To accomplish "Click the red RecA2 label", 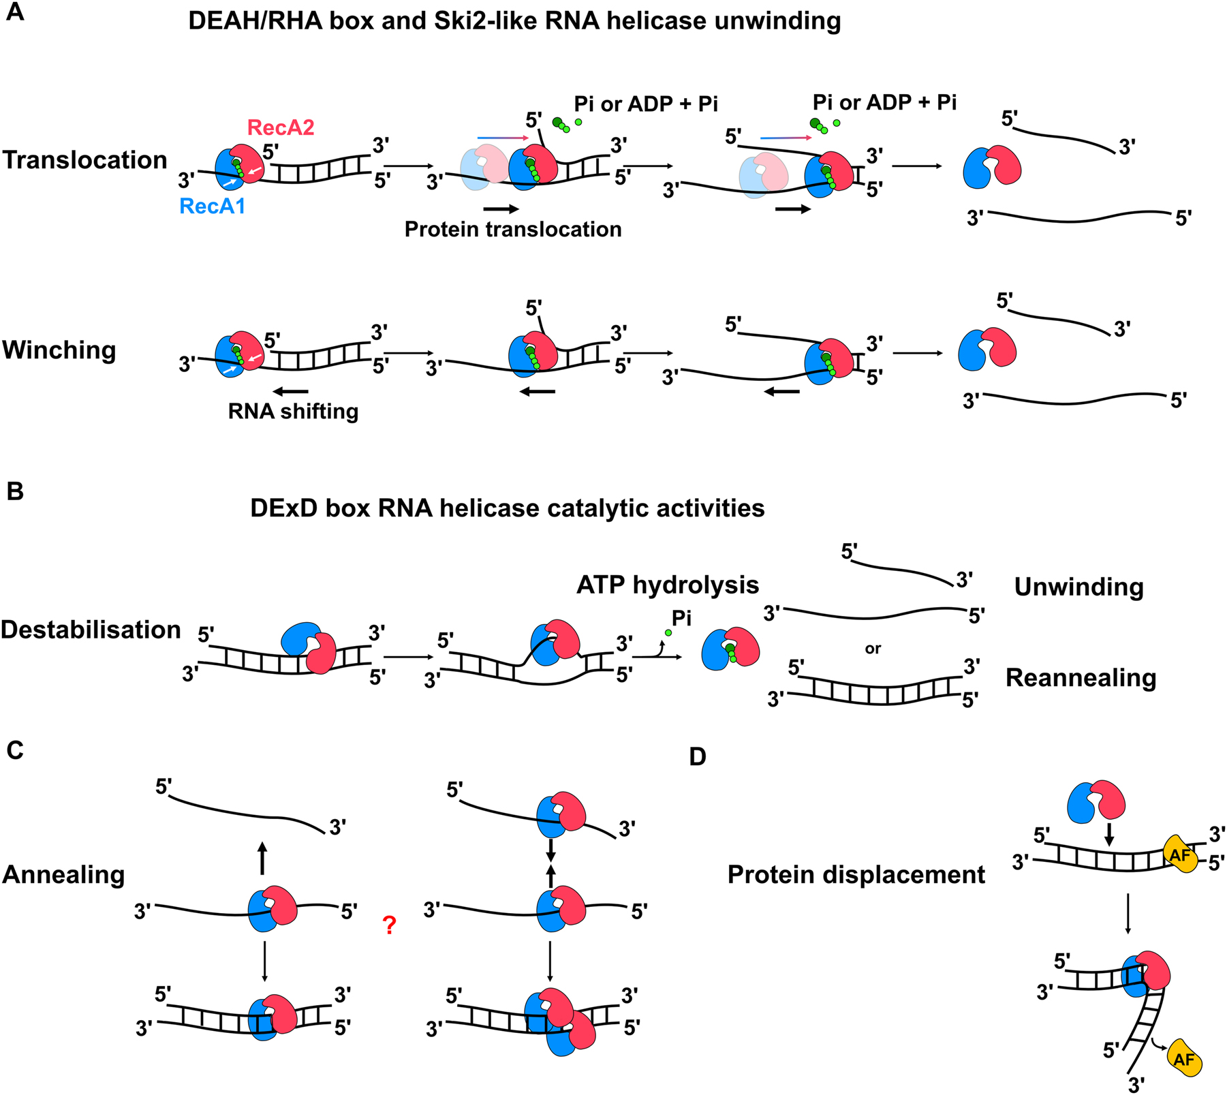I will click(280, 127).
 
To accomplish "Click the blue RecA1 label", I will click(212, 206).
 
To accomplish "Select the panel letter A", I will click(14, 12).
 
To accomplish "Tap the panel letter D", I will click(698, 756).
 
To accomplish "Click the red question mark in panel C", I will click(389, 925).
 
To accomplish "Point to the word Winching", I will click(59, 350).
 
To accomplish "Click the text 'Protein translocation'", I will click(512, 230).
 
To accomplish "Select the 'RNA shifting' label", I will click(293, 412).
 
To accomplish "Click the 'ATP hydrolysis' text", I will click(668, 585).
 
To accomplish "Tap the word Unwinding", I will click(1078, 587).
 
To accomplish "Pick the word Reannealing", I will click(1081, 678).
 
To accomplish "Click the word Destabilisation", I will click(91, 630).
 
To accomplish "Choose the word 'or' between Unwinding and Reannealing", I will click(873, 649).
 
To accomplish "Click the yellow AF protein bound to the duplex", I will click(1181, 854).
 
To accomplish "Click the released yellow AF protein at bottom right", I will click(1184, 1059).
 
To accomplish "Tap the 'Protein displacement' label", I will click(856, 874).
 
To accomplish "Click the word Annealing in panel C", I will click(63, 874).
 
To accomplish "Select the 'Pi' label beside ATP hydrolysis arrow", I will click(681, 618).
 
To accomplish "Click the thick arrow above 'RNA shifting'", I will click(291, 391).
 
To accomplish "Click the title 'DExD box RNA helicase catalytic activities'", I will click(507, 508).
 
